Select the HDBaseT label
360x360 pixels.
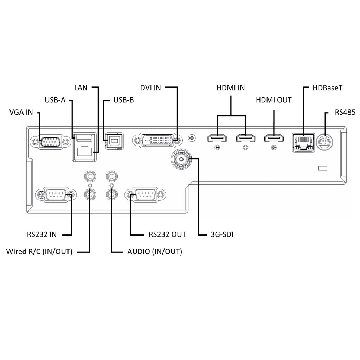point(327,88)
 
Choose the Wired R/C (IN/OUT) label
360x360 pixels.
point(39,252)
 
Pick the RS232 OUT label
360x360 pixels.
point(167,234)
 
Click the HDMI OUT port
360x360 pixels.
point(274,138)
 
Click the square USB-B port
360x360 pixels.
point(114,140)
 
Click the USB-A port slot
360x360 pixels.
point(84,137)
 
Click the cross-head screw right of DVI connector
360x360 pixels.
point(192,138)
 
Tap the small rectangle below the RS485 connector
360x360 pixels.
point(322,168)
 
